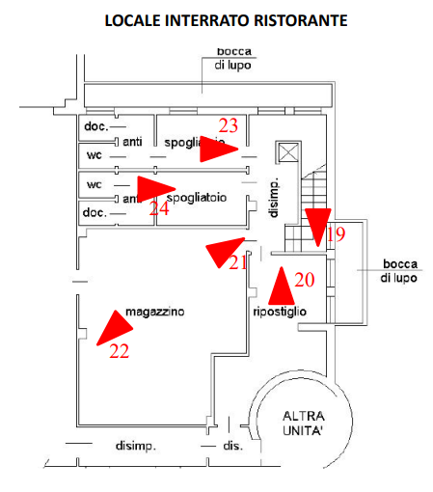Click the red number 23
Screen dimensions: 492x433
tap(229, 125)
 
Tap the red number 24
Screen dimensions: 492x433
tap(159, 207)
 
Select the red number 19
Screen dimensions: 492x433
tap(335, 233)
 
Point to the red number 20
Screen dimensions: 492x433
tap(305, 280)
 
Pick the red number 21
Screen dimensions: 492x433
tap(238, 261)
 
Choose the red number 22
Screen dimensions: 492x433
tap(119, 351)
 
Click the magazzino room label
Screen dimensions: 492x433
tap(154, 313)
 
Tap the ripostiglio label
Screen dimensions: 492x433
tap(280, 313)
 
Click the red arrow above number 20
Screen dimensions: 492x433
tap(281, 284)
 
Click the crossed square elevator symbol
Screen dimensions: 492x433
tap(286, 152)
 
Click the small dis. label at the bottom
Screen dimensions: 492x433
tap(231, 447)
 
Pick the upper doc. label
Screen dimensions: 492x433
tap(95, 126)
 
